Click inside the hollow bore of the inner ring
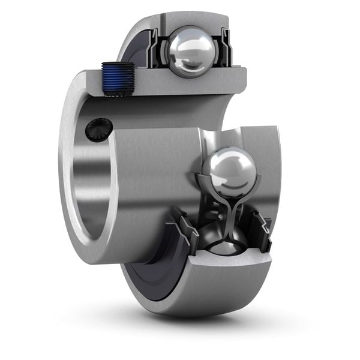[90, 192]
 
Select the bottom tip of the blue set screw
[116, 92]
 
